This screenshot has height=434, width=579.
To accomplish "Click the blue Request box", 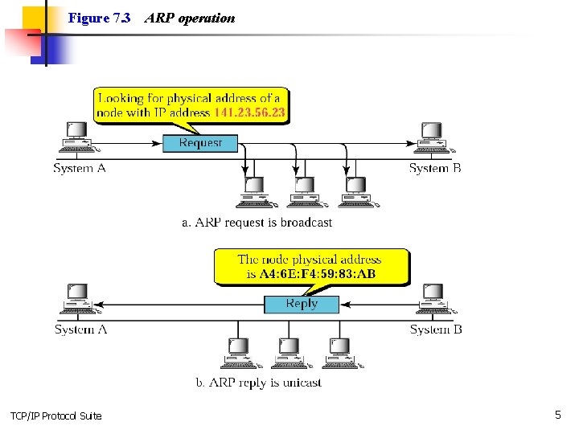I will pyautogui.click(x=200, y=143).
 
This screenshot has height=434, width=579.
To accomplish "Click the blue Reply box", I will pyautogui.click(x=302, y=304).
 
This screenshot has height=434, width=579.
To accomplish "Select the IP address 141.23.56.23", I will pyautogui.click(x=249, y=113).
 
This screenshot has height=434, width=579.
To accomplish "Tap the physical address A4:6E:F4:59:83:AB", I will pyautogui.click(x=318, y=274).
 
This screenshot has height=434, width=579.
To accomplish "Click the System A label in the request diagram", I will pyautogui.click(x=80, y=168).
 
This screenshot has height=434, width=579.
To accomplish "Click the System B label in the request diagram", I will pyautogui.click(x=435, y=168).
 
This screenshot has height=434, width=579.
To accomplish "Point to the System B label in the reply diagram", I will pyautogui.click(x=436, y=330).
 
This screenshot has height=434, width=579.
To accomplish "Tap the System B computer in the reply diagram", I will pyautogui.click(x=433, y=300).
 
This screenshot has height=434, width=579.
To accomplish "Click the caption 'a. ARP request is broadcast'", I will pyautogui.click(x=257, y=223).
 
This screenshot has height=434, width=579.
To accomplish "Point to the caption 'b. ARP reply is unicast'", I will pyautogui.click(x=258, y=383).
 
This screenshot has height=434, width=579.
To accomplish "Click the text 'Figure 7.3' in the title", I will pyautogui.click(x=99, y=18).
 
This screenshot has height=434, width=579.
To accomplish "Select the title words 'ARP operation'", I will pyautogui.click(x=190, y=18).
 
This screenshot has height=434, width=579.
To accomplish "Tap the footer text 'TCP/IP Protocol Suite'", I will pyautogui.click(x=56, y=416).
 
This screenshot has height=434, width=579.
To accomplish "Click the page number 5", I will pyautogui.click(x=557, y=415).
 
